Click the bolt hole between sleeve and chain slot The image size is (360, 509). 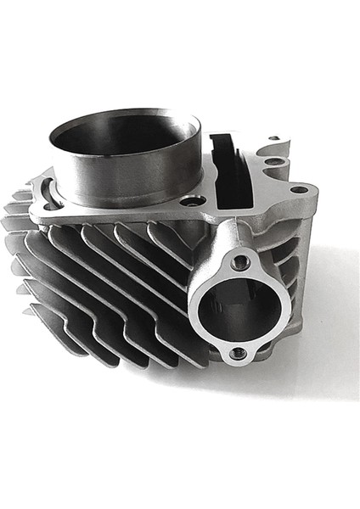click(x=194, y=200)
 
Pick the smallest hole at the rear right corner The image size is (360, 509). click(x=274, y=138)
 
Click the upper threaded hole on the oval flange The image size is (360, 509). click(x=241, y=262)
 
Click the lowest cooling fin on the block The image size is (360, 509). click(x=127, y=356)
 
